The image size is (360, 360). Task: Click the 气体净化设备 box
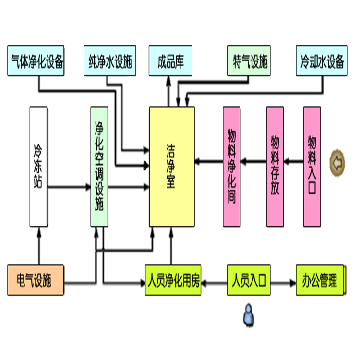37,61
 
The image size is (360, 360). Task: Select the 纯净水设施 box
109,61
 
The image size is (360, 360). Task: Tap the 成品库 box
170,61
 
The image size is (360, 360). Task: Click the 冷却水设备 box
321,61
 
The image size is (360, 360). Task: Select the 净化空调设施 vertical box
98,167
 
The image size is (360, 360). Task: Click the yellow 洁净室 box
171,167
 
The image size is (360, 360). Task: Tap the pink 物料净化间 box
231,167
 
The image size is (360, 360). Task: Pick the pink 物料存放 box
275,167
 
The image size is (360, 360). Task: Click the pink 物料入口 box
312,167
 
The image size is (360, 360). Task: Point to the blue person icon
248,314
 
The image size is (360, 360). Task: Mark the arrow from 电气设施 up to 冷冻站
38,245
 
